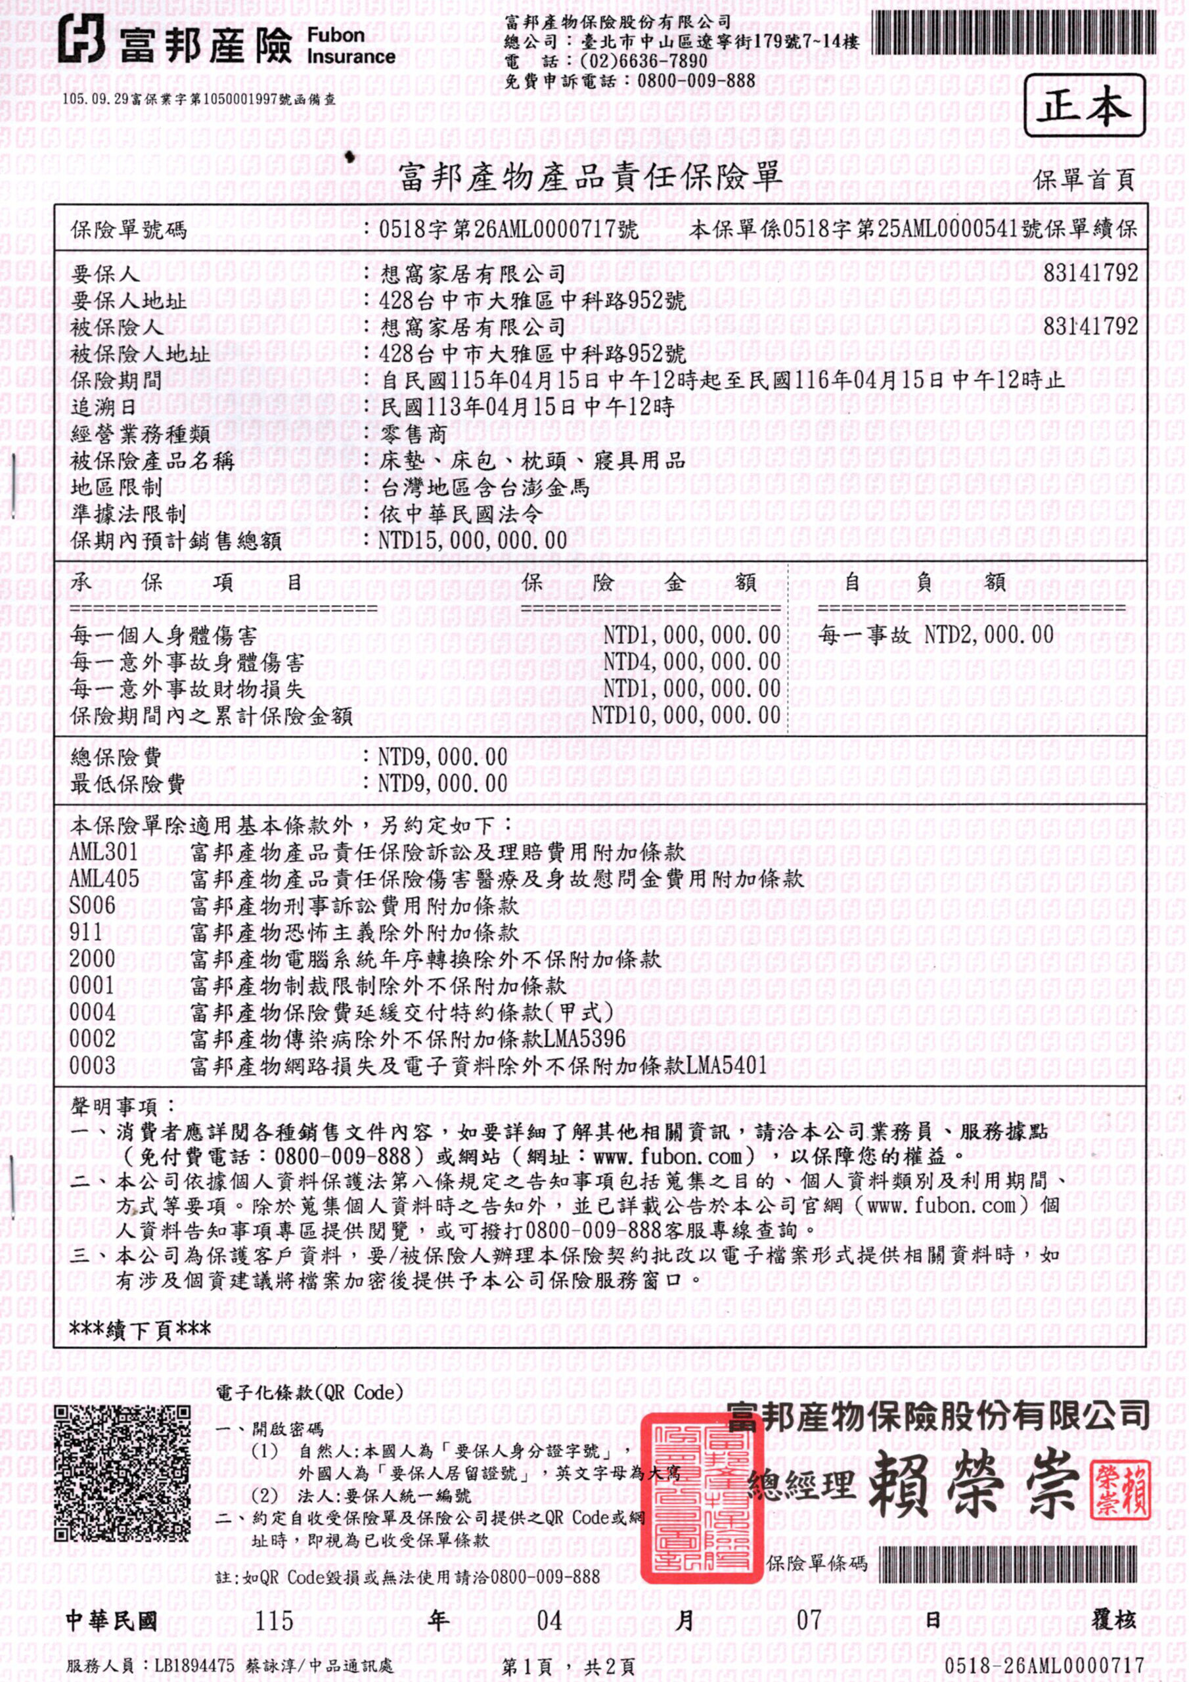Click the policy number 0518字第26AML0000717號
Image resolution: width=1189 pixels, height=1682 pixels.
pyautogui.click(x=508, y=229)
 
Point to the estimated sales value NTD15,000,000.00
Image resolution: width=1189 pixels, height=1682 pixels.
pyautogui.click(x=472, y=541)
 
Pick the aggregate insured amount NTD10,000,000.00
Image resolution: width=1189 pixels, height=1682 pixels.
pyautogui.click(x=686, y=715)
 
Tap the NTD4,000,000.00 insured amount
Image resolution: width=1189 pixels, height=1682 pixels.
pyautogui.click(x=692, y=662)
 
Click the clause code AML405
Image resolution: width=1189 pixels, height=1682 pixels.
pyautogui.click(x=104, y=878)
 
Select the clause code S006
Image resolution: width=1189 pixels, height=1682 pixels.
pyautogui.click(x=93, y=905)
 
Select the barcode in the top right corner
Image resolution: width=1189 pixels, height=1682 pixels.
pyautogui.click(x=1014, y=34)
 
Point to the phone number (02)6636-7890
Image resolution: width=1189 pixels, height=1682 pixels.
pyautogui.click(x=643, y=62)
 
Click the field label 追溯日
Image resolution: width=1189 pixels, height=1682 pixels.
pyautogui.click(x=103, y=407)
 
